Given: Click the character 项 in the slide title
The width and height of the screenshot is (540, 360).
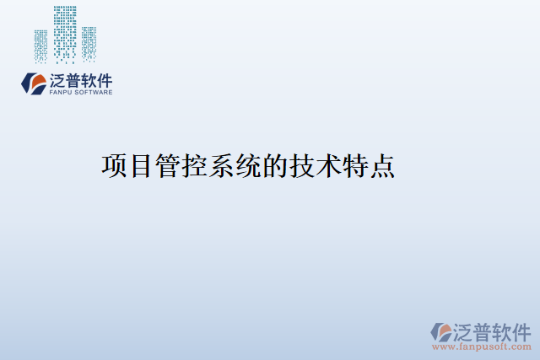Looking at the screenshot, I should [x=115, y=165].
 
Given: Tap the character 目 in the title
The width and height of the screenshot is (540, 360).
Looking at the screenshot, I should [x=141, y=165].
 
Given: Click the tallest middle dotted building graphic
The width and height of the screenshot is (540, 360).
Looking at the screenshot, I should [x=65, y=34].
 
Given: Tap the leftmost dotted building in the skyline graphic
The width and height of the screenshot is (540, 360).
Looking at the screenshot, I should [x=40, y=46].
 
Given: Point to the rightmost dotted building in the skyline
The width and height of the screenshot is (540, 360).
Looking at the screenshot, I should [x=89, y=44].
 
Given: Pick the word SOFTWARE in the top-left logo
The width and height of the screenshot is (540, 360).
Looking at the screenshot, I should [x=93, y=93].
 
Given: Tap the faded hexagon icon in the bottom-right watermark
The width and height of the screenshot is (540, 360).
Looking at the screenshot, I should [x=441, y=331].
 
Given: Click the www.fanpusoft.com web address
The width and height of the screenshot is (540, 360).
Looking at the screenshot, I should [x=482, y=347].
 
